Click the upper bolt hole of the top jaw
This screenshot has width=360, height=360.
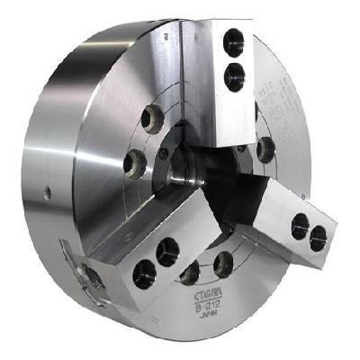(234, 41)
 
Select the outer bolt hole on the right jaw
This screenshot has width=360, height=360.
(318, 237)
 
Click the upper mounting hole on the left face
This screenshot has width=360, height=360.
(152, 118)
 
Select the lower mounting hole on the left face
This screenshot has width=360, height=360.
(134, 163)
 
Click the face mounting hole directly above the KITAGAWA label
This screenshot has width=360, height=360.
(221, 263)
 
